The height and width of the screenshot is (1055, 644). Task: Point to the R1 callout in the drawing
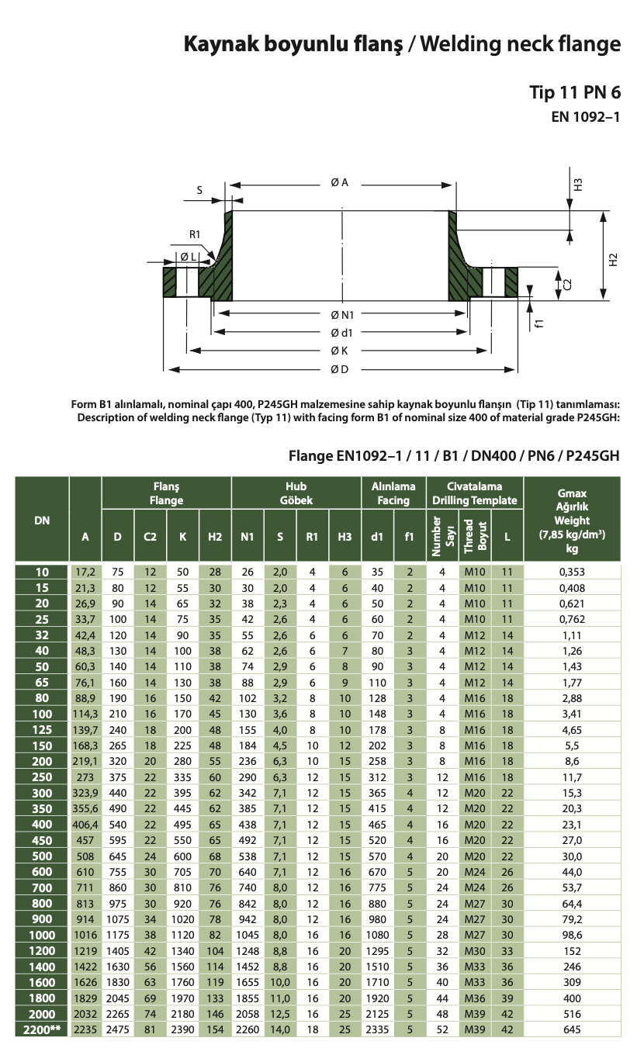coord(195,234)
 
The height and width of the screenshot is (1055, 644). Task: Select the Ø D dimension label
coord(339,368)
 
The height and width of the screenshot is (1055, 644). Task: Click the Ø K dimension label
coord(339,351)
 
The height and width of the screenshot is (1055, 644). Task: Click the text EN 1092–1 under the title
coord(586,118)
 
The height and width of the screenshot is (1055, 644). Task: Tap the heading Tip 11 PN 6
coord(575,92)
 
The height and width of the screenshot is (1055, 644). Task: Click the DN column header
coord(42,521)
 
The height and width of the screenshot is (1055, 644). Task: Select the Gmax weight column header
coord(573,521)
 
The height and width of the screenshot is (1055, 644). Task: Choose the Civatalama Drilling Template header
coord(474,493)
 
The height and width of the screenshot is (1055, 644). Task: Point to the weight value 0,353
coord(573,572)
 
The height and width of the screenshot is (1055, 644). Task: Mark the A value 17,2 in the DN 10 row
coord(85,572)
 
